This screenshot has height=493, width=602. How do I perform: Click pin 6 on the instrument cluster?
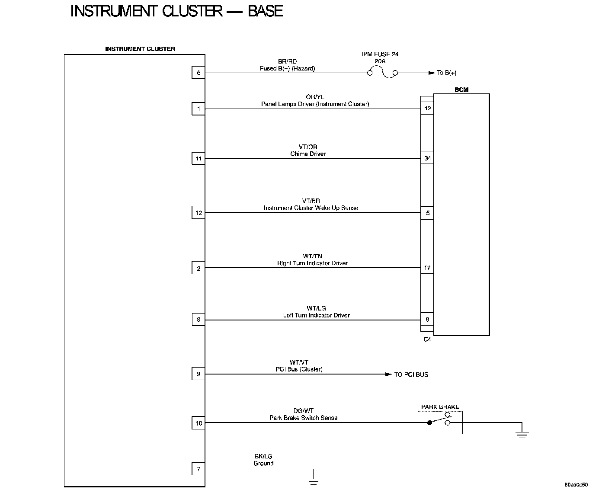(199, 73)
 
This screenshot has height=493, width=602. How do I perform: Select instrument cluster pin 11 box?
(199, 159)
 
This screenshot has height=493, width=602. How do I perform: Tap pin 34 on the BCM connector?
(427, 158)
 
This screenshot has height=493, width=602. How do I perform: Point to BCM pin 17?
(427, 268)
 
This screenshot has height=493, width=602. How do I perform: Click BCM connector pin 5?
(427, 213)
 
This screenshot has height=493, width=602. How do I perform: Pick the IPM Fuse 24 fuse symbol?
(382, 73)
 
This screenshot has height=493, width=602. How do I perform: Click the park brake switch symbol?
(440, 422)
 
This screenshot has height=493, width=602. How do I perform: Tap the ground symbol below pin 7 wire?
(314, 480)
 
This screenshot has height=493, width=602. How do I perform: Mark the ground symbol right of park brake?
(522, 434)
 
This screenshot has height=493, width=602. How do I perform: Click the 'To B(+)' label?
(446, 73)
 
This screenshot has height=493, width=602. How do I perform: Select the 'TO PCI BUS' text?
(411, 375)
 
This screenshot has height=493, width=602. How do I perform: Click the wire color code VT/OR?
(308, 147)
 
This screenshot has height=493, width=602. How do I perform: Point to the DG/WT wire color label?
(304, 411)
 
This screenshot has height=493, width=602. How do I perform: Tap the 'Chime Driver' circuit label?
(308, 154)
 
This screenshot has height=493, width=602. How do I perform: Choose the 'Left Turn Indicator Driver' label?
(316, 315)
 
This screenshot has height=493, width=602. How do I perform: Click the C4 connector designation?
(427, 339)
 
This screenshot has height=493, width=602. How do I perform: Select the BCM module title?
(461, 90)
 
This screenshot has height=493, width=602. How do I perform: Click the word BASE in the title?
(265, 11)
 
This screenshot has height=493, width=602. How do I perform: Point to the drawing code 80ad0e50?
(576, 484)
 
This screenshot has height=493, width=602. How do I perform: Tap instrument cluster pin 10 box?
(199, 423)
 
